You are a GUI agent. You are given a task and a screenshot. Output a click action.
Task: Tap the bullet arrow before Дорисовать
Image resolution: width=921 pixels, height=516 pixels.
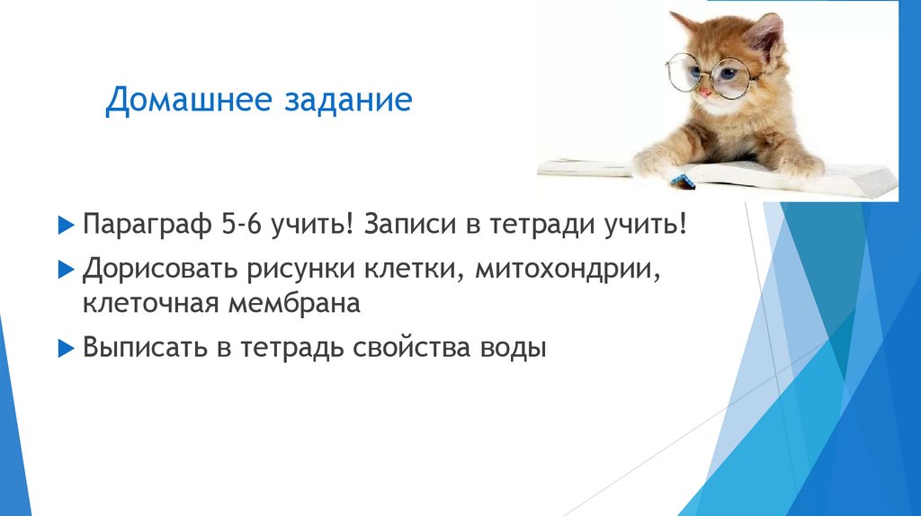click(63, 268)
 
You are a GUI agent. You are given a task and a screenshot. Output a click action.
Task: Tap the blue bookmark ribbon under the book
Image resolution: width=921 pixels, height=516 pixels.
click(681, 180)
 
